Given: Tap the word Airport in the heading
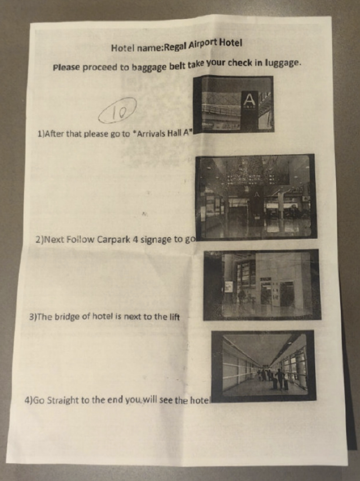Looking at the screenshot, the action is pos(202,44).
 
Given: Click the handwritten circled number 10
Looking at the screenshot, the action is pos(117,111).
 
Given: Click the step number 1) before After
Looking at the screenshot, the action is pos(41,134).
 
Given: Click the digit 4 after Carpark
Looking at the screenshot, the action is pos(135,239).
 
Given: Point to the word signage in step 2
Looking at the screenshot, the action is pos(157,240).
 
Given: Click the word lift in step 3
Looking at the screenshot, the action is pos(174,316).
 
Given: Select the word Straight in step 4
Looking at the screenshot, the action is pos(62,401).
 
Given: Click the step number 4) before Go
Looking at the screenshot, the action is pos(28,400).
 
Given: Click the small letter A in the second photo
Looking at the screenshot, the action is pos(257,195).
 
